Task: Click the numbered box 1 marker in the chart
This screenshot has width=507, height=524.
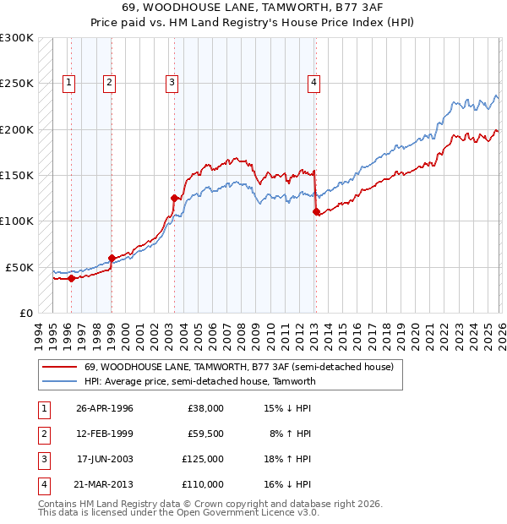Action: click(68, 82)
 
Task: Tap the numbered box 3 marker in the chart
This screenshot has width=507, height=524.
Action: click(172, 82)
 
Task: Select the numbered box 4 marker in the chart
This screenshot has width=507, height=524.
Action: click(313, 82)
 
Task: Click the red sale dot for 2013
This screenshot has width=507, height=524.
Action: click(316, 212)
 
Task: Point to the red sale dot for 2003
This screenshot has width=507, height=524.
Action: click(174, 199)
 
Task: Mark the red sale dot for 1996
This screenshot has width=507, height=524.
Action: click(71, 278)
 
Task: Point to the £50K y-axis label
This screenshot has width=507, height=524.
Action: click(19, 267)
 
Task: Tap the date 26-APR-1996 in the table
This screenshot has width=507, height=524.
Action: click(105, 408)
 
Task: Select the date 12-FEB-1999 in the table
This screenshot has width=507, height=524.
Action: click(105, 434)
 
